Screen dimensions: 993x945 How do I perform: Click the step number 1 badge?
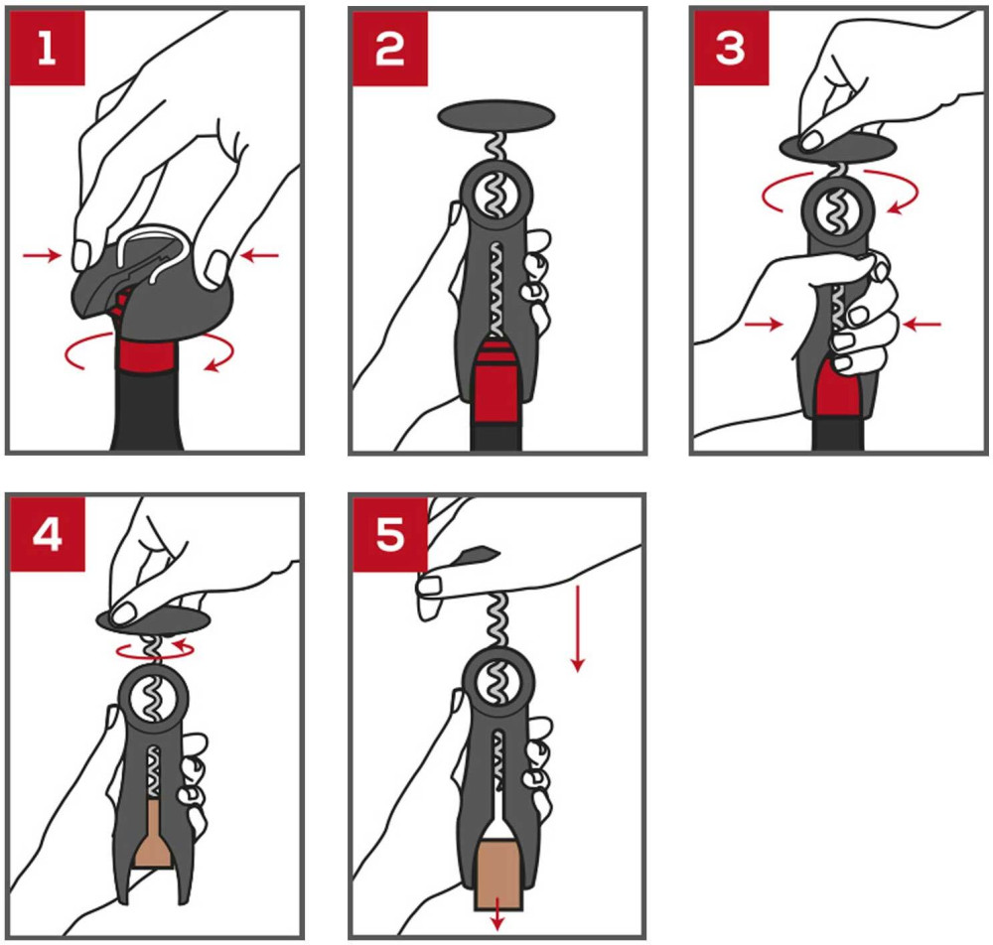47,48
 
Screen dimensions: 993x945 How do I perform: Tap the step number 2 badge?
390,49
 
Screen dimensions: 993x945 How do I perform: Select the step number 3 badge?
732,48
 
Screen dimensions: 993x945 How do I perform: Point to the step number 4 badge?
47,534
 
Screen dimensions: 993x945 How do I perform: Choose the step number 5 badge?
390,535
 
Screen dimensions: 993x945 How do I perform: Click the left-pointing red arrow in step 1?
260,256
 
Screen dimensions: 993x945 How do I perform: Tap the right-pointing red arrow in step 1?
42,256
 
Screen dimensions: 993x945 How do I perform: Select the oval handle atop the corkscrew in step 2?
496,116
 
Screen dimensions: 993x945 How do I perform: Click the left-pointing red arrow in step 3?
922,325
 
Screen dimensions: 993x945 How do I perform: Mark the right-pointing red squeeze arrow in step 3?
764,325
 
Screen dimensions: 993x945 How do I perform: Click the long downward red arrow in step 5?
577,628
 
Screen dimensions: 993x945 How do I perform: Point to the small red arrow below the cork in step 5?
497,913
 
